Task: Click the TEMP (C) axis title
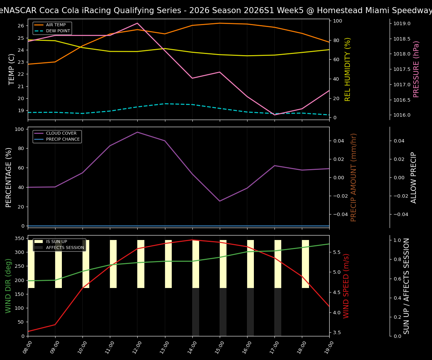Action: (x=12, y=69)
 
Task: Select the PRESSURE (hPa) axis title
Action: (x=416, y=69)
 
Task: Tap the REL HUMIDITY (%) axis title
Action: (x=348, y=69)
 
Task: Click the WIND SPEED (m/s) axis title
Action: (x=346, y=286)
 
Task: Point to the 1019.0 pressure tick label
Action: (x=402, y=24)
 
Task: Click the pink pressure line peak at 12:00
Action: (x=137, y=23)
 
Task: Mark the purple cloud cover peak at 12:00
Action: (x=137, y=132)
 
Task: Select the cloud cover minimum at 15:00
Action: (x=220, y=201)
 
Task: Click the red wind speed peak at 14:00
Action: (x=192, y=240)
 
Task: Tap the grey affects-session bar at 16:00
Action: (x=250, y=312)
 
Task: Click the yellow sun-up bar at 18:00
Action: (x=305, y=264)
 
